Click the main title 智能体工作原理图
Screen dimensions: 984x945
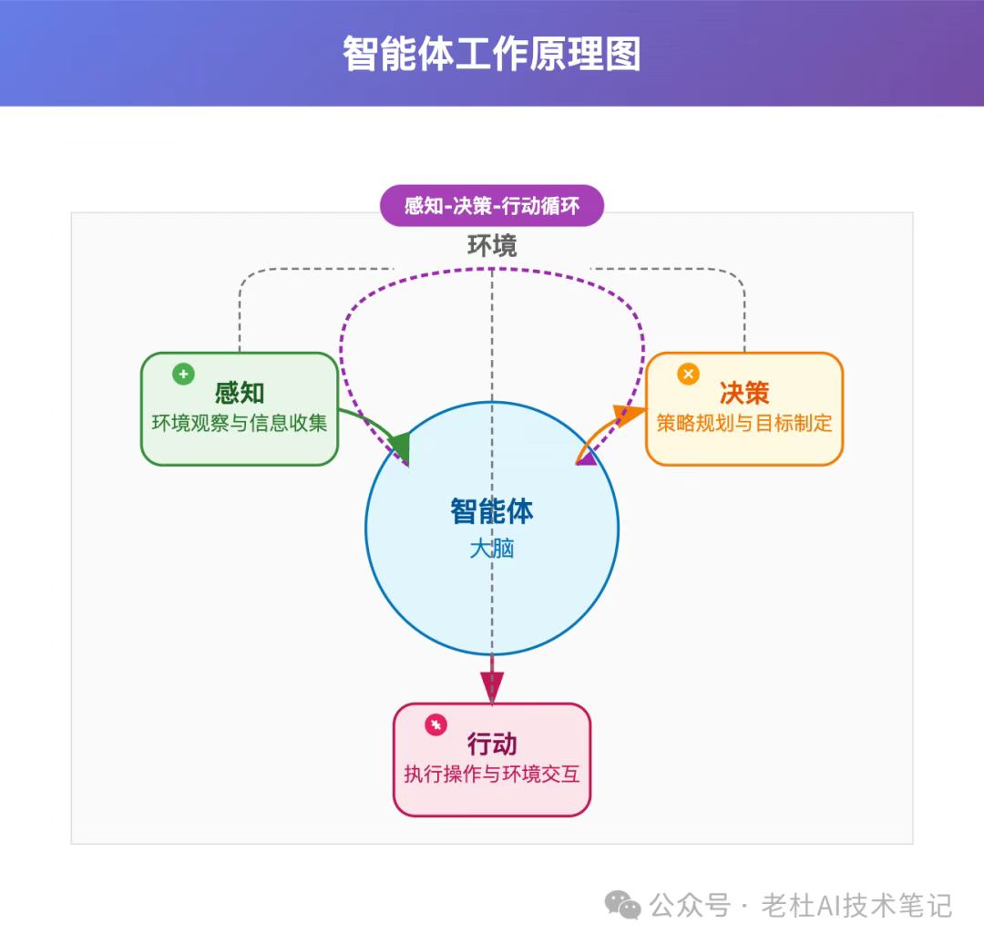point(491,54)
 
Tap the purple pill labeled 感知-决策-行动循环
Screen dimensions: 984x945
point(492,205)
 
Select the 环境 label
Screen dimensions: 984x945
point(492,245)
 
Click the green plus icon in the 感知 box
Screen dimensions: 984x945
point(183,374)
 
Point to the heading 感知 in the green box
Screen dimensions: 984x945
point(239,393)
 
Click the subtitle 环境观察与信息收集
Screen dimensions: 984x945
point(239,423)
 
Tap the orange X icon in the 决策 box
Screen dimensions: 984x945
point(689,374)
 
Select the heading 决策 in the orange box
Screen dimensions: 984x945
point(744,393)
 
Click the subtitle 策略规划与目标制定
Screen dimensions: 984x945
point(744,423)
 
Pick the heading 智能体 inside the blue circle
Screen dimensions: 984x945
point(492,511)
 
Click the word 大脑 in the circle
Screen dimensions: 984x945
point(492,549)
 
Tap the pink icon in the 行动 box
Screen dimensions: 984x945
point(436,724)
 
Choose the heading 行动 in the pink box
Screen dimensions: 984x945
point(492,744)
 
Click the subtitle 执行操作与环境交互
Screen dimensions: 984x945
point(492,774)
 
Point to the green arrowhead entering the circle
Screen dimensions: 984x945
point(400,447)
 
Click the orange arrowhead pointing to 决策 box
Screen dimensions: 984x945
point(630,414)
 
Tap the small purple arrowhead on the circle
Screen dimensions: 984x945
point(586,458)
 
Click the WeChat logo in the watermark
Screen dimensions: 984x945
point(622,906)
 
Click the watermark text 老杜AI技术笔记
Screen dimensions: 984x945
point(856,906)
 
